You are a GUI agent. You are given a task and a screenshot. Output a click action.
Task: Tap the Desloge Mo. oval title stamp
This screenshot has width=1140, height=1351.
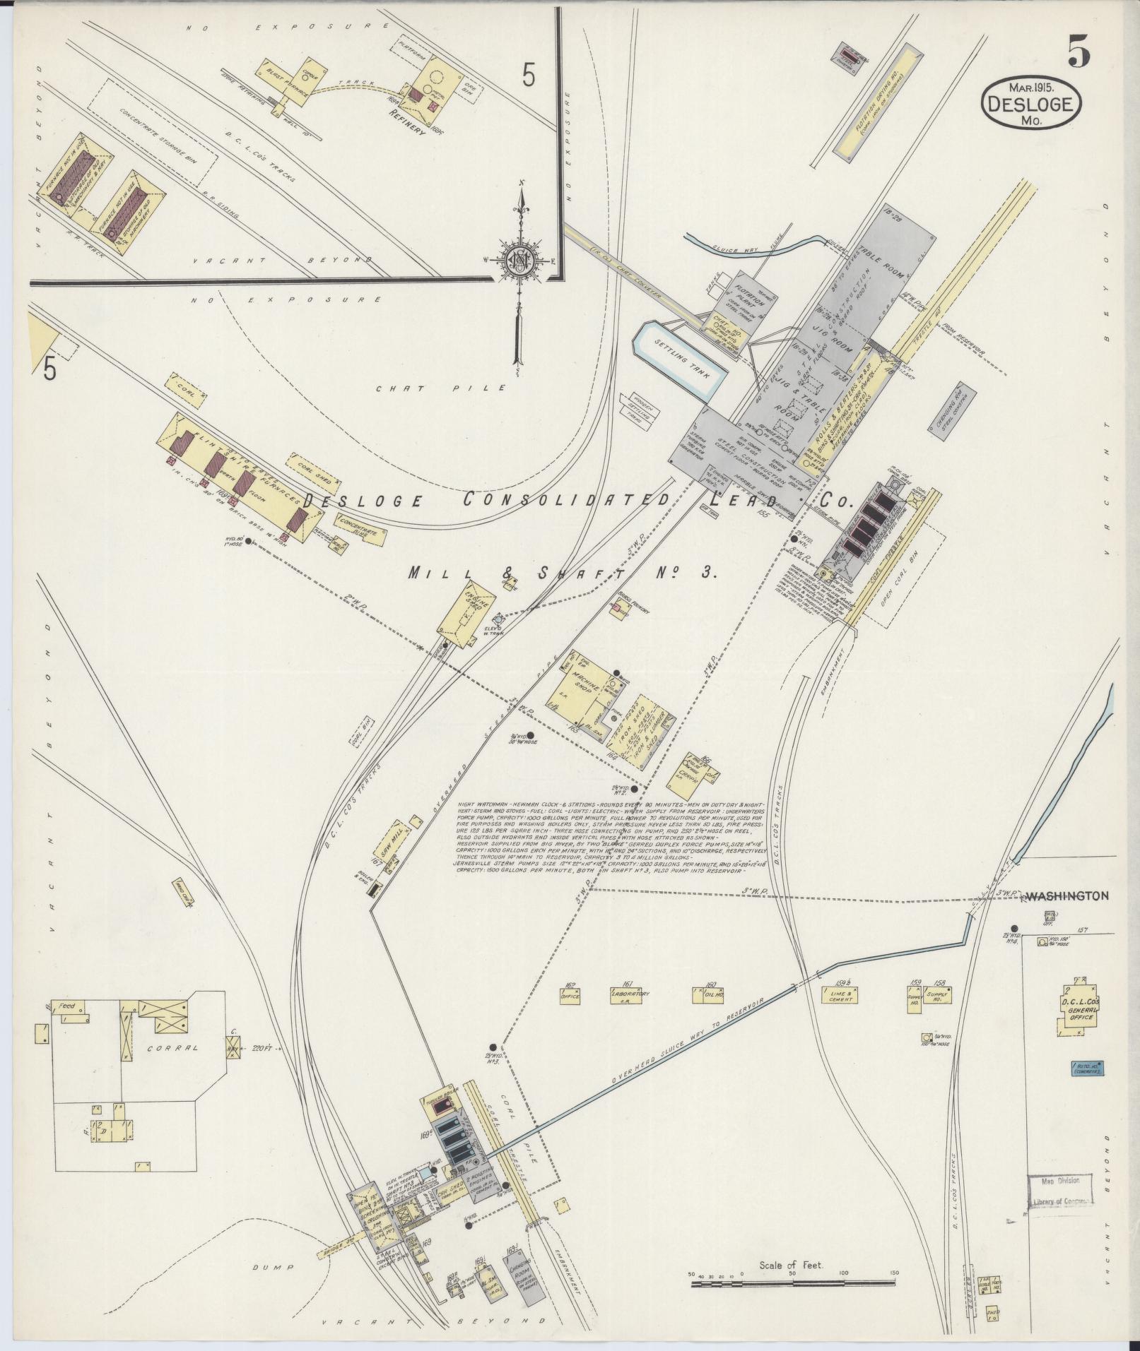pos(1031,104)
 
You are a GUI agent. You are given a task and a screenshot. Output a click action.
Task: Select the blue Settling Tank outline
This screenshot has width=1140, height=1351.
pos(678,357)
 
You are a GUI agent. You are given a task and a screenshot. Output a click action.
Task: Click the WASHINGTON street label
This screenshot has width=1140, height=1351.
pos(1066,895)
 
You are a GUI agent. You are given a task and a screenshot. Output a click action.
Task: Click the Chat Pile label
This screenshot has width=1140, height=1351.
pos(441,387)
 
